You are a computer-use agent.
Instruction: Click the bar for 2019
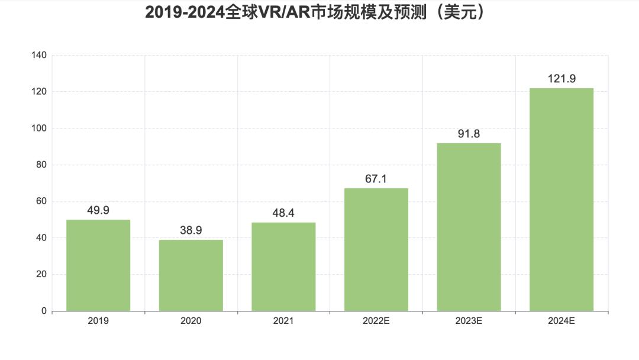point(98,265)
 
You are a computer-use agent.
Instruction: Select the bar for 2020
point(191,275)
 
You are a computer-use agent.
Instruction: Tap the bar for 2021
point(283,266)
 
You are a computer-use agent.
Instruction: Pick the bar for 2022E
point(376,249)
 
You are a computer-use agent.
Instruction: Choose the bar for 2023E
point(469,227)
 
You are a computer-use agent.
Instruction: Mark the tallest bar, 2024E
point(561,200)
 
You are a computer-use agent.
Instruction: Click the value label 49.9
point(98,210)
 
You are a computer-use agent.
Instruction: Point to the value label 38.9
point(191,230)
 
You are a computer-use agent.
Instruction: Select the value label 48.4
point(283,213)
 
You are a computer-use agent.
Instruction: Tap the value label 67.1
point(376,179)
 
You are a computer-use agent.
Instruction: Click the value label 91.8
point(469,134)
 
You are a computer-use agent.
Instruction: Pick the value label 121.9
point(561,79)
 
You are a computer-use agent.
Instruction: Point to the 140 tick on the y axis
point(39,55)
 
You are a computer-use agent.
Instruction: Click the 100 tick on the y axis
point(39,128)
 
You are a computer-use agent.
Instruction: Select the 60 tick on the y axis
point(41,201)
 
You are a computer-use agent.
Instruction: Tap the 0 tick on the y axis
point(44,311)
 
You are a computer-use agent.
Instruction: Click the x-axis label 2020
point(191,321)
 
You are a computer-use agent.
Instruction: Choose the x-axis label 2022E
point(376,321)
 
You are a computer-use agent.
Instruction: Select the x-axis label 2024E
point(561,321)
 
